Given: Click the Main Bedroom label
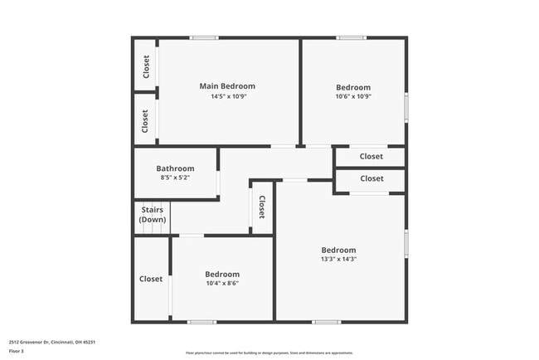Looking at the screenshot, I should pyautogui.click(x=227, y=85).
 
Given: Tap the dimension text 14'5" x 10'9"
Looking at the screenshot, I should pyautogui.click(x=228, y=96).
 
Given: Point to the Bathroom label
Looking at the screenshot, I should pyautogui.click(x=175, y=168).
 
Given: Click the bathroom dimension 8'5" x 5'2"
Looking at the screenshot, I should pyautogui.click(x=175, y=178).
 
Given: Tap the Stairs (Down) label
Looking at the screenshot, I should pyautogui.click(x=152, y=215).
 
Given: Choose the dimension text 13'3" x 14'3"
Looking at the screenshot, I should pyautogui.click(x=339, y=259).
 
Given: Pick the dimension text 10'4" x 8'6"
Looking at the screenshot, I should pyautogui.click(x=222, y=283).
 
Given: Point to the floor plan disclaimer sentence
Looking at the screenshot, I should pyautogui.click(x=269, y=353).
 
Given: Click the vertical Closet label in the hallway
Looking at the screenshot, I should pyautogui.click(x=261, y=207).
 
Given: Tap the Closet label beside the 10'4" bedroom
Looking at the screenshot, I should pyautogui.click(x=151, y=279).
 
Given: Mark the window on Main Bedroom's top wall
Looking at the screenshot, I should pyautogui.click(x=204, y=37).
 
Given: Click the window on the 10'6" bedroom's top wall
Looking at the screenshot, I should pyautogui.click(x=352, y=37).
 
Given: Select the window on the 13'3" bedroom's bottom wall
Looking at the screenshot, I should pyautogui.click(x=326, y=322).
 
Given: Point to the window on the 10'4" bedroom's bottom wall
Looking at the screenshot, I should pyautogui.click(x=202, y=322).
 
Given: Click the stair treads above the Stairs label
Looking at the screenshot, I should pyautogui.click(x=152, y=203).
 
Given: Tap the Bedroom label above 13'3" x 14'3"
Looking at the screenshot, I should pyautogui.click(x=339, y=250).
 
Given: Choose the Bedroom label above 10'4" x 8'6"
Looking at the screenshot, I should pyautogui.click(x=222, y=274).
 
